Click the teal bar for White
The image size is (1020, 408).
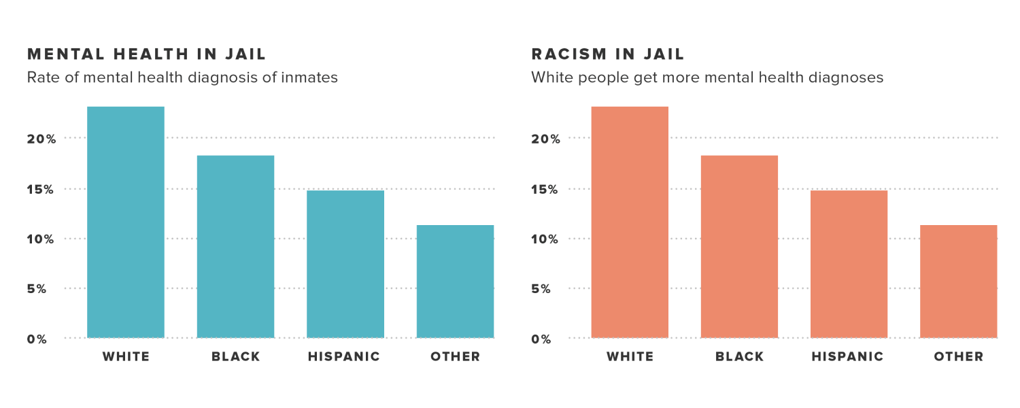pyautogui.click(x=126, y=222)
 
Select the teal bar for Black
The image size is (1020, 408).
pyautogui.click(x=235, y=247)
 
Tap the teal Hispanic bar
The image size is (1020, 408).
pyautogui.click(x=345, y=264)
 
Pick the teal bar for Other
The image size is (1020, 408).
pyautogui.click(x=455, y=282)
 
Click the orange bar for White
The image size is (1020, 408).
pyautogui.click(x=630, y=222)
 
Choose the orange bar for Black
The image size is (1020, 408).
pyautogui.click(x=739, y=247)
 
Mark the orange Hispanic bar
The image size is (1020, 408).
pyautogui.click(x=849, y=264)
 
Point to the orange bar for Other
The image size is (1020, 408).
pyautogui.click(x=959, y=282)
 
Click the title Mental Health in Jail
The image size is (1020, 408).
pyautogui.click(x=147, y=54)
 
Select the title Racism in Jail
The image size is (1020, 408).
pyautogui.click(x=608, y=54)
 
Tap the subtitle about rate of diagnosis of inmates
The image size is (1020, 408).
pyautogui.click(x=182, y=78)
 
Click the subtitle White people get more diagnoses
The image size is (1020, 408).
pyautogui.click(x=707, y=78)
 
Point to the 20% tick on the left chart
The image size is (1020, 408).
pyautogui.click(x=41, y=139)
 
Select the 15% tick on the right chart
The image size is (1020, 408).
pyautogui.click(x=545, y=189)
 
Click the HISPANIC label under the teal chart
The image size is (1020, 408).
pyautogui.click(x=344, y=357)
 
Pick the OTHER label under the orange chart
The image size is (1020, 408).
pyautogui.click(x=959, y=357)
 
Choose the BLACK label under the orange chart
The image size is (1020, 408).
pyautogui.click(x=740, y=357)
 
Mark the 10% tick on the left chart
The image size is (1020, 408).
pyautogui.click(x=41, y=239)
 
